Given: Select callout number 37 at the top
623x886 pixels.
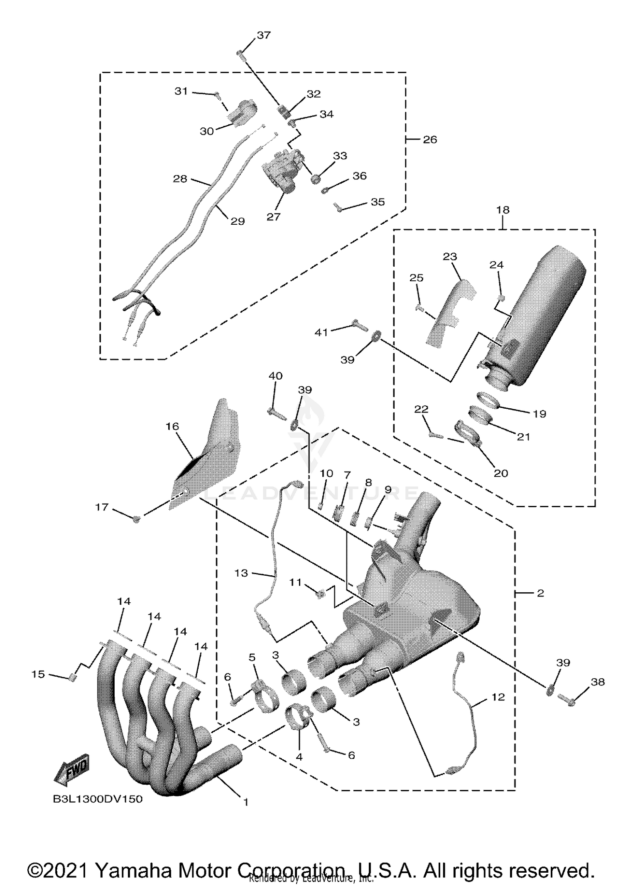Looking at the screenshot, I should click(264, 35).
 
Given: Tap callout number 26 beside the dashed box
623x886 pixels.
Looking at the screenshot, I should click(430, 140).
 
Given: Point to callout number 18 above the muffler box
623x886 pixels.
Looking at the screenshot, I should click(503, 210).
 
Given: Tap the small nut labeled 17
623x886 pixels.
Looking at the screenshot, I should click(136, 518).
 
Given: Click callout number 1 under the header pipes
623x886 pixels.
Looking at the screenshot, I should click(245, 802).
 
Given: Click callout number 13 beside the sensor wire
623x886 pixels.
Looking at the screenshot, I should click(241, 573).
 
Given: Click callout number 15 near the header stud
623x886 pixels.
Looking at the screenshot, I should click(38, 674).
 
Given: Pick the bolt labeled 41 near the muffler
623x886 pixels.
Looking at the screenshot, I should click(359, 324).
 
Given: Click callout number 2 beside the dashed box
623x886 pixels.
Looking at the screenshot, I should click(540, 593).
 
